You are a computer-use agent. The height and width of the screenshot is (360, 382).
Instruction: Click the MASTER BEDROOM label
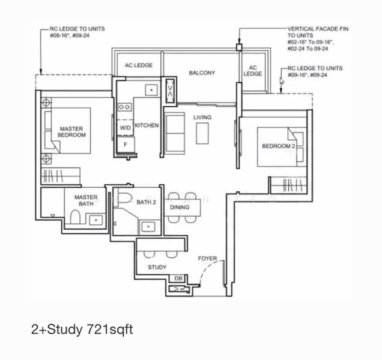[x=71, y=131]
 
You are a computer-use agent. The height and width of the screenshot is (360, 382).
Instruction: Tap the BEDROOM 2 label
[x=279, y=146]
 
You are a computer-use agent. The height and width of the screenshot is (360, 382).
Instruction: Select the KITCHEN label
[x=147, y=125]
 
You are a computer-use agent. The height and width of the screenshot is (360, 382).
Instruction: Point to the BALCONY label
[x=202, y=73]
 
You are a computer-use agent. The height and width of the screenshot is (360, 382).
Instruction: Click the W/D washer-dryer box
[x=125, y=128]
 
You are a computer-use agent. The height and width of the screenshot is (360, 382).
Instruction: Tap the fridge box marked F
[x=126, y=145]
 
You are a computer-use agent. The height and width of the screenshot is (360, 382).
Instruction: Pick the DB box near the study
[x=178, y=278]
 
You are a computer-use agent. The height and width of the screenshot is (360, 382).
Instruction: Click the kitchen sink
[x=151, y=90]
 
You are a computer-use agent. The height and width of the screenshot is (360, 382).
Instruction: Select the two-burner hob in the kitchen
[x=124, y=107]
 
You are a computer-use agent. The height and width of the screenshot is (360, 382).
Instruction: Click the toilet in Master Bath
[x=75, y=217]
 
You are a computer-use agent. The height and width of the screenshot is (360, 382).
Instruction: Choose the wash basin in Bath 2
[x=148, y=227]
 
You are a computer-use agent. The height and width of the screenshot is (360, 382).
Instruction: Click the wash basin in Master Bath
[x=96, y=220]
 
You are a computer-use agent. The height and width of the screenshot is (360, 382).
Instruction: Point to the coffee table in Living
[x=202, y=133]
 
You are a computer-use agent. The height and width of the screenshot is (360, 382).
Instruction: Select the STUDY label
[x=157, y=267]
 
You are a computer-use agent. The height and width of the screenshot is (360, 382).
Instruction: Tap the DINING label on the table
[x=180, y=207]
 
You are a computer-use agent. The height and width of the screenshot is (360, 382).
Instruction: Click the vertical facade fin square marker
[x=239, y=47]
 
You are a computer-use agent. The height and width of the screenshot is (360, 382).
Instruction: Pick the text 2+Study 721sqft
[x=82, y=329]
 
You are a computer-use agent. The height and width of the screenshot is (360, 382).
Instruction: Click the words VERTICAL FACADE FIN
[x=318, y=29]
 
